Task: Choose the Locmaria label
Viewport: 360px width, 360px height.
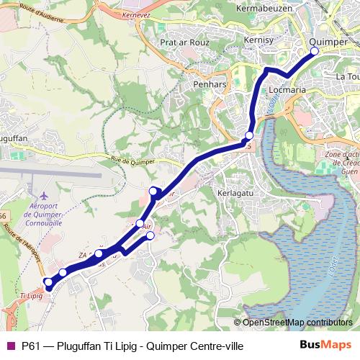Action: coord(289,91)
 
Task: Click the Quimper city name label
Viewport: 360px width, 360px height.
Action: coord(328,42)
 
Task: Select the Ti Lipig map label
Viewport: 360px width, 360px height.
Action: coord(32,295)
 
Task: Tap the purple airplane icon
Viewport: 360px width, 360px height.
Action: coord(45,196)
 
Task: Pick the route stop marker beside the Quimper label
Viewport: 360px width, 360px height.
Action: coord(314,51)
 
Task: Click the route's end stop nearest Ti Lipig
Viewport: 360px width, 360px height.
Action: coord(48,282)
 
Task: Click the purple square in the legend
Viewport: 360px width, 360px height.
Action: coord(9,346)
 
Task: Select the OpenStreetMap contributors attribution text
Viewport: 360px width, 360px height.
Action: coord(297,323)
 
